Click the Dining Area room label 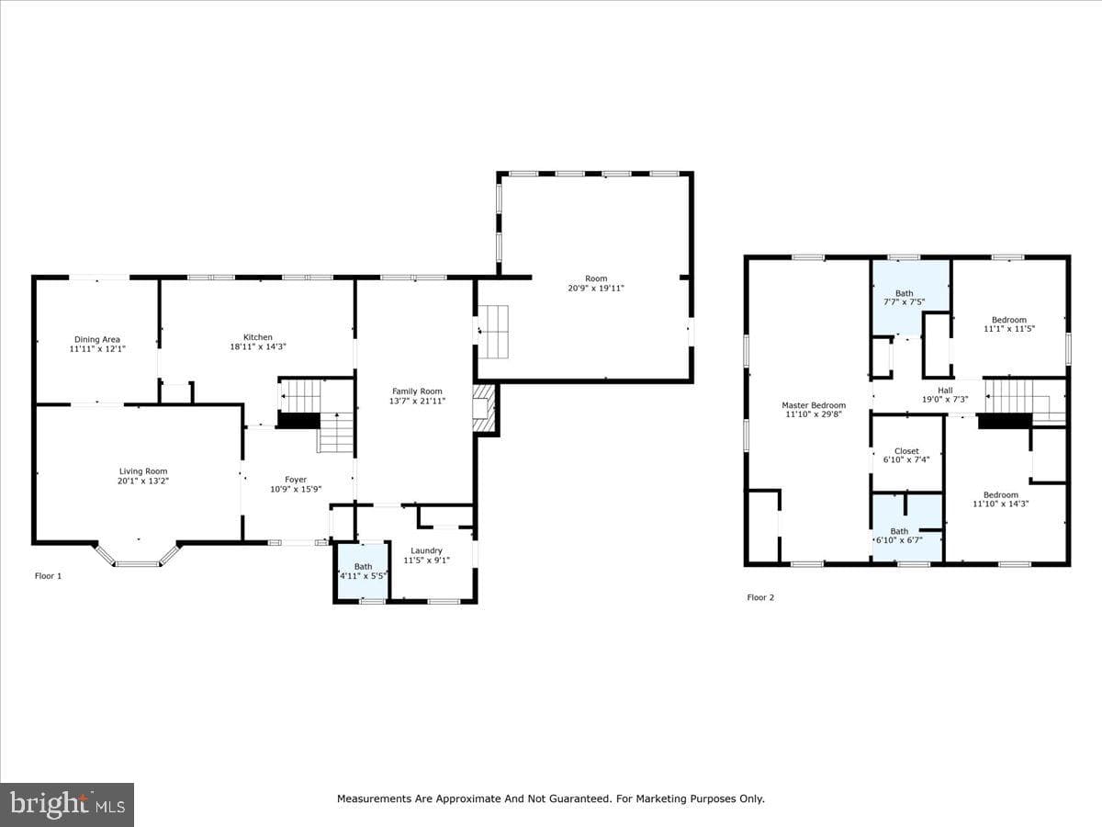97,344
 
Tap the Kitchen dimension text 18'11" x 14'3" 258,346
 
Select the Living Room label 143,476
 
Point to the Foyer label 296,484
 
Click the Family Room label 417,396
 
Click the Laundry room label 426,555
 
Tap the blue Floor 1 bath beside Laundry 363,571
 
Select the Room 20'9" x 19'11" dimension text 596,289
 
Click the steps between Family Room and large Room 492,332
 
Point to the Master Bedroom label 814,409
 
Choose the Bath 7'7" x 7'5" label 905,298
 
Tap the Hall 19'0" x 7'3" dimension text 945,399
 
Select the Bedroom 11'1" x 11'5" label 1009,323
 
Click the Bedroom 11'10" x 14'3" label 1001,499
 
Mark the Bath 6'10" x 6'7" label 899,536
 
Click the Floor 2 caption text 760,597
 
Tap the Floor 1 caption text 48,576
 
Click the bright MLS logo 67,804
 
